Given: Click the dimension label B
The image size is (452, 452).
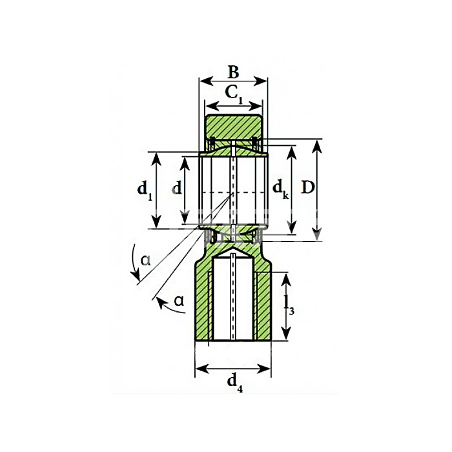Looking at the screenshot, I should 233,71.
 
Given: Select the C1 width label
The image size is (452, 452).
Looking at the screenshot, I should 234,94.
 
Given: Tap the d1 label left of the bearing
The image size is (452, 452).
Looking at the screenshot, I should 145,190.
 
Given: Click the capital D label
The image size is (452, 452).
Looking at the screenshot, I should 308,189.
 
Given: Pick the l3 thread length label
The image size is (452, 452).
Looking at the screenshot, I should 291,307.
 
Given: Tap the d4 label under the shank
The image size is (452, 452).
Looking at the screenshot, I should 233,383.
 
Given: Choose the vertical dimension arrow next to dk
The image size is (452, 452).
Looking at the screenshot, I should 292,213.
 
